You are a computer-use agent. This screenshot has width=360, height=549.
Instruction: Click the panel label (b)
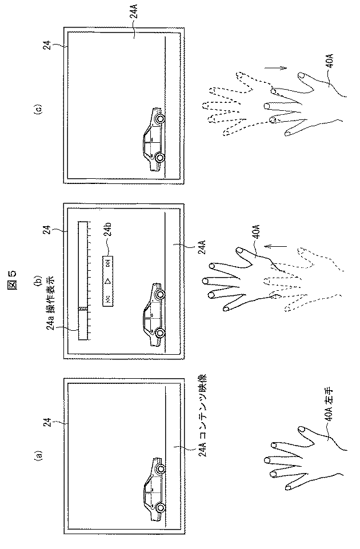tap(39, 281)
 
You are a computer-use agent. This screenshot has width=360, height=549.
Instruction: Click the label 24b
tap(108, 234)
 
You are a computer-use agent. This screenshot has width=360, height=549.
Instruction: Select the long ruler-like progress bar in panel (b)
tap(83, 280)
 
